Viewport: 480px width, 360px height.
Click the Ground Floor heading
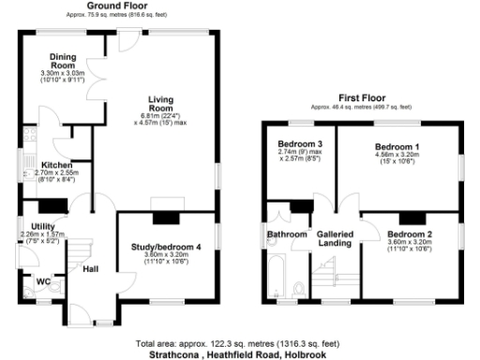point(122,6)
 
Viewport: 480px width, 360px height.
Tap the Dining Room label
point(63,60)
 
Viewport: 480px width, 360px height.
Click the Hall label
point(91,270)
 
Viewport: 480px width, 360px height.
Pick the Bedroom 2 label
point(410,233)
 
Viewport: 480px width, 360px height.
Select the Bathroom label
point(287,233)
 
